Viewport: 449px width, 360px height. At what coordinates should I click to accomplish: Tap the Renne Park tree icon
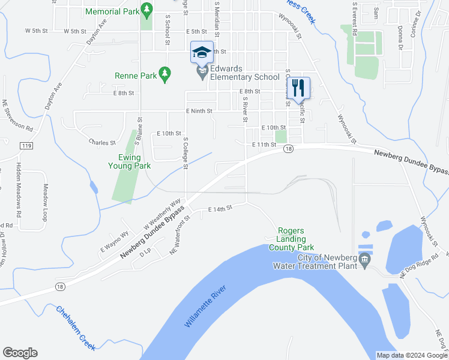coord(165,75)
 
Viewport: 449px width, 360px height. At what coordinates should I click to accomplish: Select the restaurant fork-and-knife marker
coord(298,88)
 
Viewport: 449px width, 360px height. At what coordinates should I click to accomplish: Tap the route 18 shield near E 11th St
coord(289,149)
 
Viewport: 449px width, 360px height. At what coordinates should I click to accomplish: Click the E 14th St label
coord(220,209)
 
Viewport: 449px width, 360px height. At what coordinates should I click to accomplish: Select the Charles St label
coord(102,143)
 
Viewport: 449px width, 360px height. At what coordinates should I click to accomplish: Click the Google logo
coord(20,352)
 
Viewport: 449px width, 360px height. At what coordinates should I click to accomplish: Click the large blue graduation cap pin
coord(202,52)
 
